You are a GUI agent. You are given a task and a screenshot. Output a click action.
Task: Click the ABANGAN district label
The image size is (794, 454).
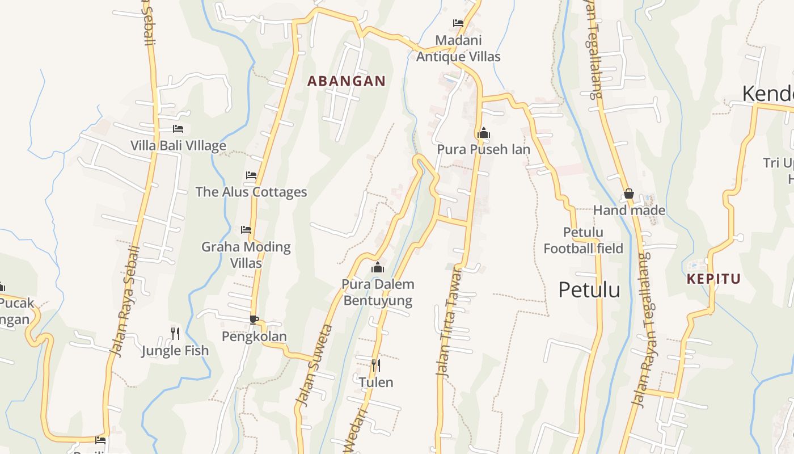click(346, 81)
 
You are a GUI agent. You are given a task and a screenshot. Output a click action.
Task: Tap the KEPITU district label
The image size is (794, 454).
click(713, 279)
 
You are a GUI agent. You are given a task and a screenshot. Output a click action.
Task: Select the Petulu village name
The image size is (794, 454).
click(589, 289)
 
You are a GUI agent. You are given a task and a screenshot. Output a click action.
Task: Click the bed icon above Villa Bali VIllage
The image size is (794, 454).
click(178, 129)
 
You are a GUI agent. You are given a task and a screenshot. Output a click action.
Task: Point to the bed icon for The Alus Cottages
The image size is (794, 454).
click(251, 175)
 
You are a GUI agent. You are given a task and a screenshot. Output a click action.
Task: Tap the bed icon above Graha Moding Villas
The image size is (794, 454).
click(246, 230)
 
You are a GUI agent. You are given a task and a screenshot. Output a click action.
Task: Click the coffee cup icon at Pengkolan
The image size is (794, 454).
click(254, 320)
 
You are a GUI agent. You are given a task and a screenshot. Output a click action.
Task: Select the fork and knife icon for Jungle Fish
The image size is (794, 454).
click(175, 333)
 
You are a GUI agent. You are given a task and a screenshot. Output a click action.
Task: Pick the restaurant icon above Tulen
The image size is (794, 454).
click(375, 365)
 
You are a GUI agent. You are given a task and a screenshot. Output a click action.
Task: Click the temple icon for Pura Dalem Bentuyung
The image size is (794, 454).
click(378, 267)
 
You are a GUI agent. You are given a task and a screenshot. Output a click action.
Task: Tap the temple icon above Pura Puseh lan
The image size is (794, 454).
click(484, 133)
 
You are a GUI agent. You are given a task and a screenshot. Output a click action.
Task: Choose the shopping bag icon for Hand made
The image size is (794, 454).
click(628, 194)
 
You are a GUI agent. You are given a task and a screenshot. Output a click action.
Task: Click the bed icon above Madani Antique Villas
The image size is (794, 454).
click(458, 23)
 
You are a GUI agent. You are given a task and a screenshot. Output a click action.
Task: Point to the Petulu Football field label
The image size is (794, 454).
click(583, 240)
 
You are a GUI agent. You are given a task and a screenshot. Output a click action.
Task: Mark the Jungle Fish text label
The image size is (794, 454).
click(175, 351)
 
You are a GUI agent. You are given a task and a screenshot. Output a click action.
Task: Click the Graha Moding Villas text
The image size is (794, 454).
click(246, 255)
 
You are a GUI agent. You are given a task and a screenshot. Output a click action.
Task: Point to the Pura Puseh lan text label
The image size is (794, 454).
click(483, 149)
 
